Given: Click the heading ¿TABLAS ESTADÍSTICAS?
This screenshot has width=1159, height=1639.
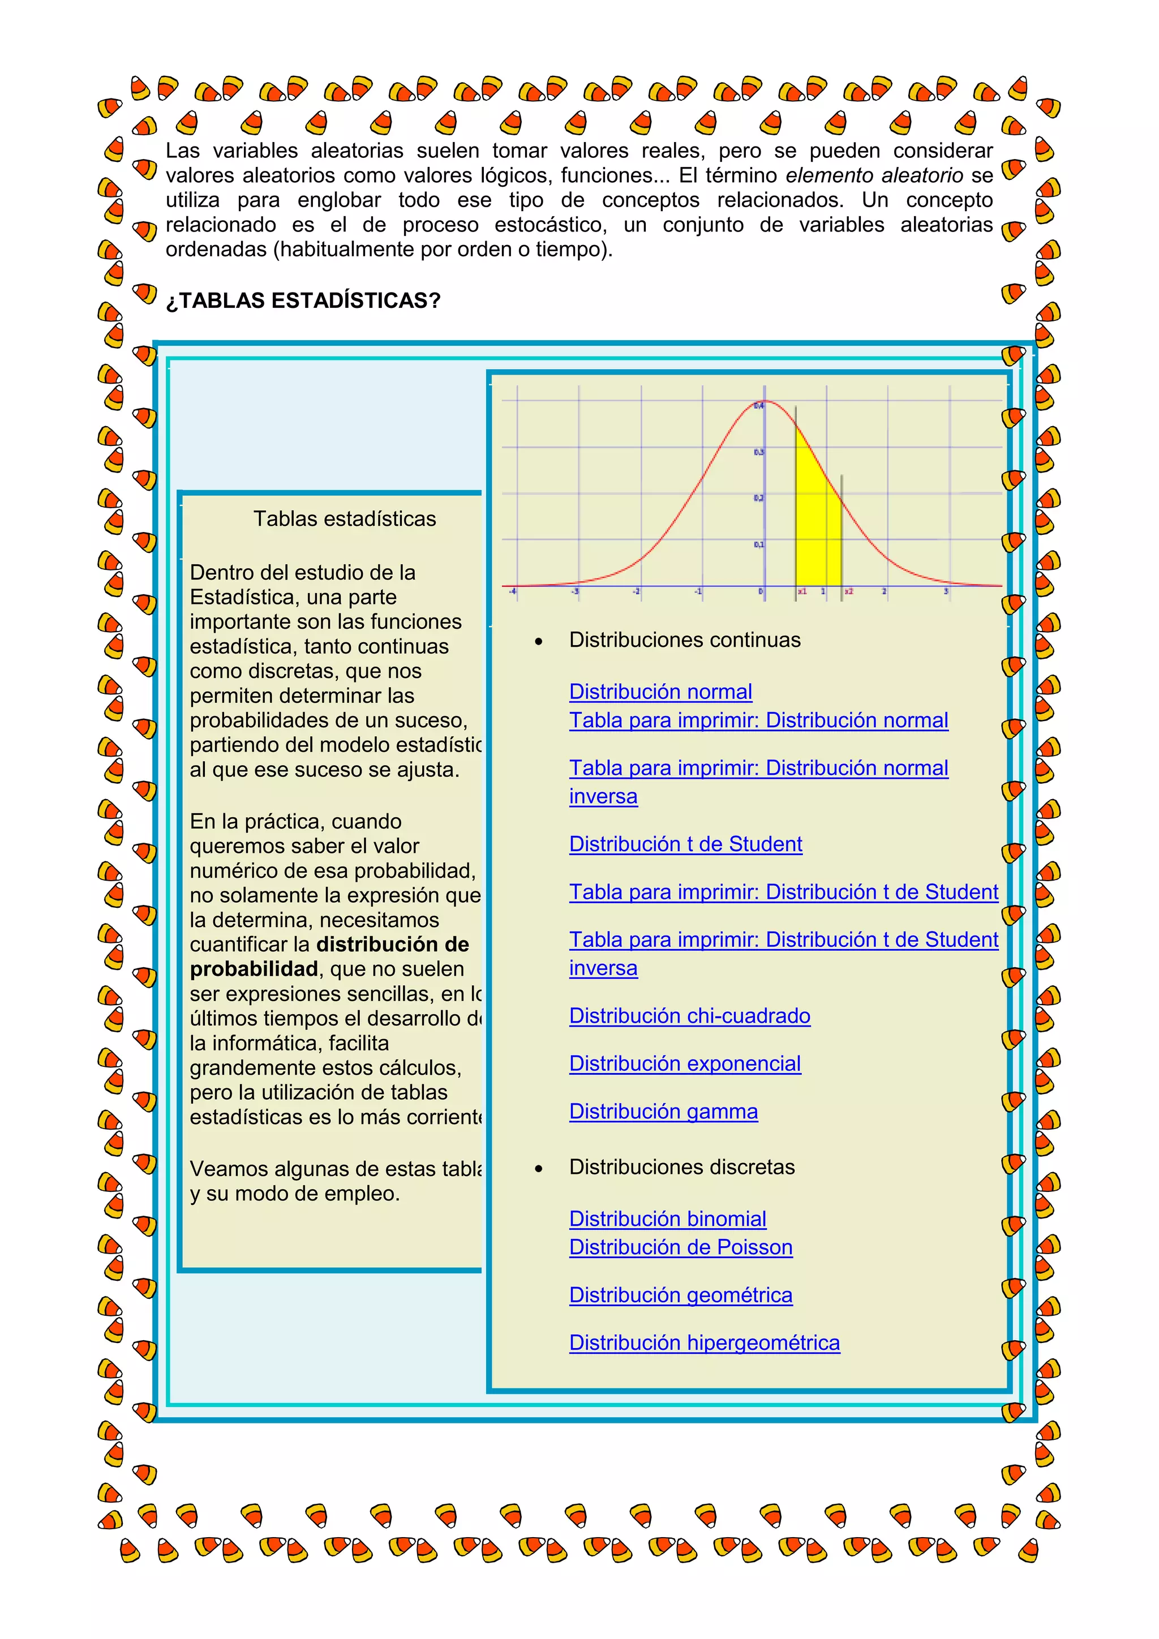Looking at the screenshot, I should pyautogui.click(x=303, y=301).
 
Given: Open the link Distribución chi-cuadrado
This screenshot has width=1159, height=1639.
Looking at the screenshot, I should pyautogui.click(x=689, y=1016).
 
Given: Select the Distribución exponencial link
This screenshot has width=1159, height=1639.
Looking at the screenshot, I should pyautogui.click(x=684, y=1063).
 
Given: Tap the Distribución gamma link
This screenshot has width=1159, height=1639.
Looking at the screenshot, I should pyautogui.click(x=663, y=1112).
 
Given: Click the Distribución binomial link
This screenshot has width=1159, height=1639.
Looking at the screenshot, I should pyautogui.click(x=667, y=1218).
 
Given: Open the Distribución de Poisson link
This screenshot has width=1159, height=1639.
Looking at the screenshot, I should pyautogui.click(x=680, y=1247).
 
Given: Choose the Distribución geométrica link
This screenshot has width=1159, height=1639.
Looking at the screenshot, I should pyautogui.click(x=680, y=1295).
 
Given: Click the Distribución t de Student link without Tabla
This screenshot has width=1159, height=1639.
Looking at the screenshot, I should pyautogui.click(x=685, y=844).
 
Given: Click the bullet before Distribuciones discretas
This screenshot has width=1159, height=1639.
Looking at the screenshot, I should pyautogui.click(x=539, y=1169).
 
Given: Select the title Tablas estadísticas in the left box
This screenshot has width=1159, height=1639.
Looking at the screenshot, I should pyautogui.click(x=344, y=519).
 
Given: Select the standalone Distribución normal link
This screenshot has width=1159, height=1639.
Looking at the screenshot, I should pyautogui.click(x=660, y=692).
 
